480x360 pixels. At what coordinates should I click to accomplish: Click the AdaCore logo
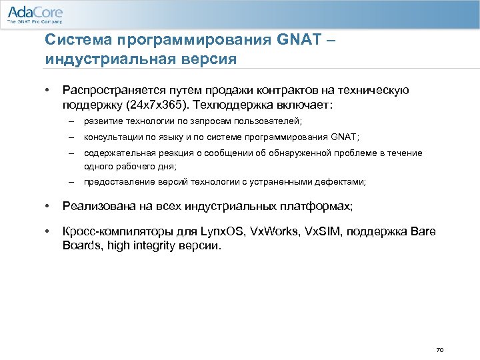tap(34, 15)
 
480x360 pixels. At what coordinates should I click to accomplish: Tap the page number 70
tap(439, 349)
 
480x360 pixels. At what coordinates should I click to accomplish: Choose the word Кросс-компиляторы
tap(109, 231)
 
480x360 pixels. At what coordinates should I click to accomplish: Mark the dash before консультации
tap(70, 137)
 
